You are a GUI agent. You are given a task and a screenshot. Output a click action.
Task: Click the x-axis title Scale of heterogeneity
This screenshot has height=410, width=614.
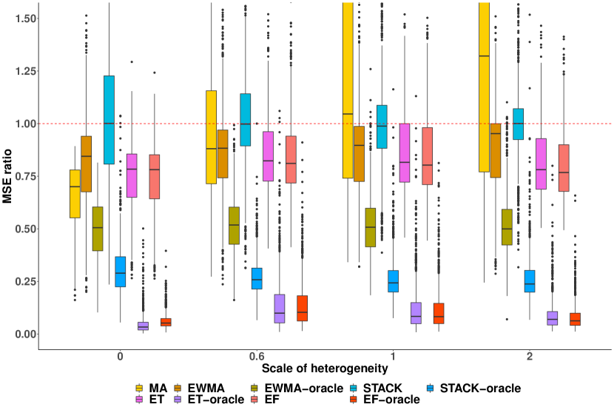click(325, 368)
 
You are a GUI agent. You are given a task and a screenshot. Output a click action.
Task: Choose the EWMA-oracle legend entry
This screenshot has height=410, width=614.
click(297, 388)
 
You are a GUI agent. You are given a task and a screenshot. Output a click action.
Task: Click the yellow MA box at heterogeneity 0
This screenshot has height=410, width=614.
click(75, 193)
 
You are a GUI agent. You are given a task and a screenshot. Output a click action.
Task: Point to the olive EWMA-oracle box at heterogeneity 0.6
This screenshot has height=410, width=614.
click(234, 225)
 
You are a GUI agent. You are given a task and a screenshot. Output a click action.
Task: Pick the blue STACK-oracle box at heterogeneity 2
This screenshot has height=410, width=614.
click(530, 281)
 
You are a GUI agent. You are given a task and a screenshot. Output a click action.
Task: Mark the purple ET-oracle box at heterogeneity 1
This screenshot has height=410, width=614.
click(416, 313)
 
